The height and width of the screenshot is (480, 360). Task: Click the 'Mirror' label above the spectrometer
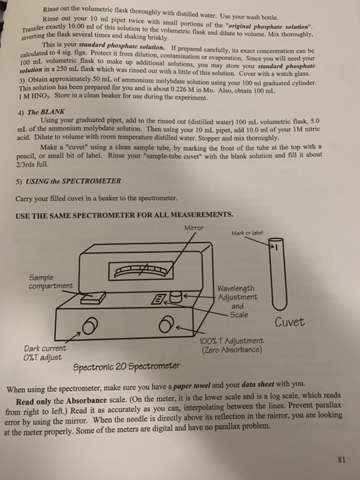(195, 228)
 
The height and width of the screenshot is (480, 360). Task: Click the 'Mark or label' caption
(269, 232)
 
